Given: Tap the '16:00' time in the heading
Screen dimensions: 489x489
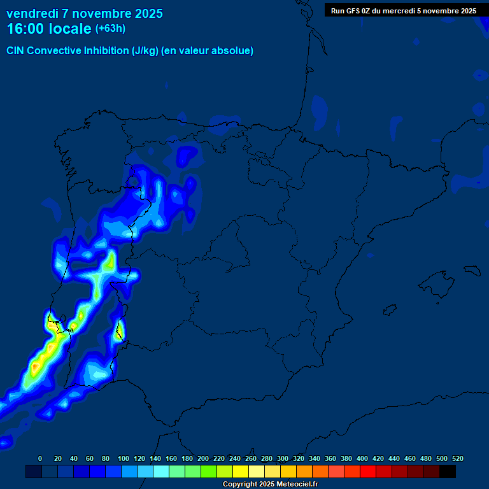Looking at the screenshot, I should point(25,29).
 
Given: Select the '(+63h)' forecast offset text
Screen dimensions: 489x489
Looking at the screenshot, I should point(110,29).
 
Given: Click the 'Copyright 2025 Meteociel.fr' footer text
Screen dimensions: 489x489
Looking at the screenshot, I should point(271,485).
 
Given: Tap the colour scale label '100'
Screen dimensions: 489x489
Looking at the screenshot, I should point(124,458).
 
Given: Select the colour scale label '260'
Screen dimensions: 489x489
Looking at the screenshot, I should point(251,458).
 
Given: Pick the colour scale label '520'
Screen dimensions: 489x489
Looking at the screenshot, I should point(457,458).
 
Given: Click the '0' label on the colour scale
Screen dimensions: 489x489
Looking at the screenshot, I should point(40,458).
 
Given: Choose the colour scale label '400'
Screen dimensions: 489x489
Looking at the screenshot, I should point(362,458).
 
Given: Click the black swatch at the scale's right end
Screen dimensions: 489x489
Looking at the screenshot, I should point(448,472).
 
